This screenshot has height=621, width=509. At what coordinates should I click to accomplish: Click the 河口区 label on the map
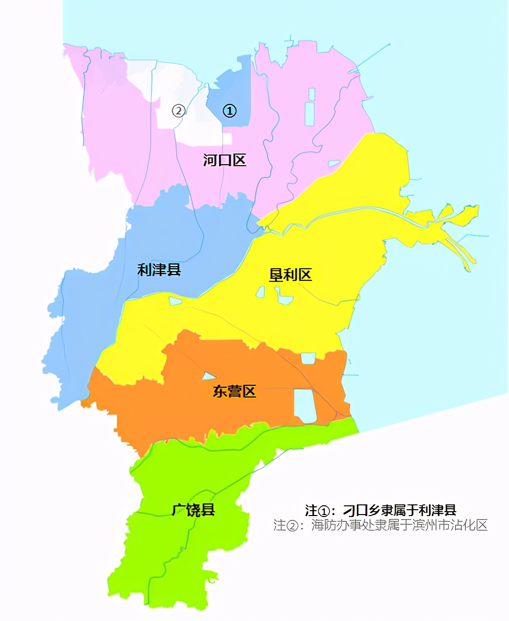click(x=224, y=160)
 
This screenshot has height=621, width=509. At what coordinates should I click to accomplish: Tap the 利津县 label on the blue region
click(x=159, y=270)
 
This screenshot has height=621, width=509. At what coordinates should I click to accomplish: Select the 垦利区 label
click(x=290, y=275)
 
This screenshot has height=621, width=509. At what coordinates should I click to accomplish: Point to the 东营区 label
click(x=234, y=392)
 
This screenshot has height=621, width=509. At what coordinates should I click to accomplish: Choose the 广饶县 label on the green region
click(x=193, y=510)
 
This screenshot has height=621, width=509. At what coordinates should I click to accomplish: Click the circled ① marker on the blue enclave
click(x=229, y=111)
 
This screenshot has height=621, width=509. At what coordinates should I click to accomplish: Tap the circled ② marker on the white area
click(x=178, y=111)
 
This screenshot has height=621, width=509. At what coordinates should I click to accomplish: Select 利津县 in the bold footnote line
click(x=437, y=511)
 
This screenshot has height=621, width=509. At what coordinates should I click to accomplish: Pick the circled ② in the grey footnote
click(x=293, y=526)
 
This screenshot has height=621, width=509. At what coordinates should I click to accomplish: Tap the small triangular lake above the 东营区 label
click(x=208, y=376)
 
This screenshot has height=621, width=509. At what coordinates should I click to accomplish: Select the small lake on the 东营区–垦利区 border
click(x=308, y=358)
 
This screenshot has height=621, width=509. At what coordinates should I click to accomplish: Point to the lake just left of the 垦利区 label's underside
click(x=261, y=292)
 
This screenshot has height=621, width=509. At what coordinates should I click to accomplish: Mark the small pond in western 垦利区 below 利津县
click(x=175, y=301)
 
